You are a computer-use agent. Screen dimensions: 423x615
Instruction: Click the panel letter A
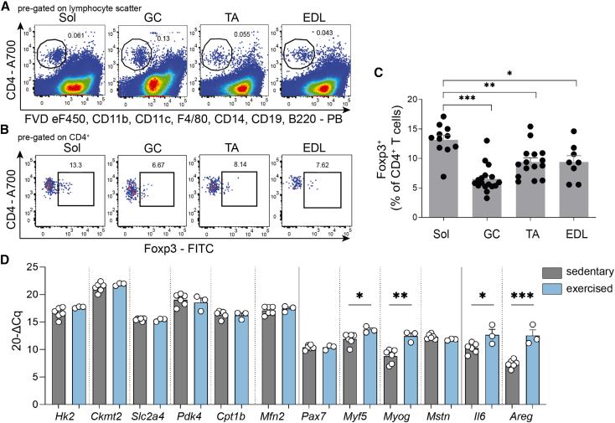[6, 6]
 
